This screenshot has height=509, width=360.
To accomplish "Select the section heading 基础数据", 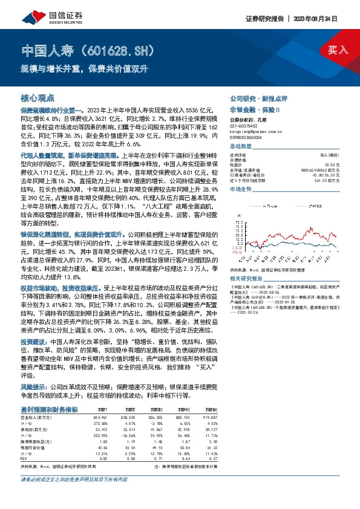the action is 240,147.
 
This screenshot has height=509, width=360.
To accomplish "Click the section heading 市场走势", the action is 240,189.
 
